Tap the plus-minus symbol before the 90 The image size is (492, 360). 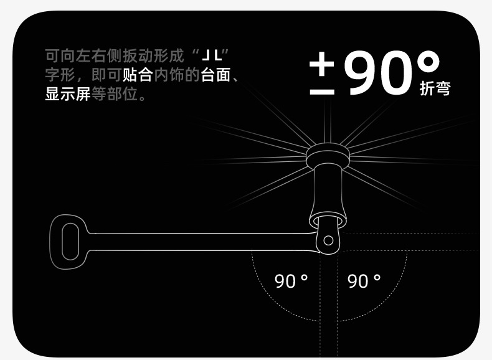(x=321, y=73)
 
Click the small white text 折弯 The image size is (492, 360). (x=435, y=88)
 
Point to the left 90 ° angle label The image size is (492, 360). (x=291, y=282)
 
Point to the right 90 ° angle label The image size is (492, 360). (x=364, y=282)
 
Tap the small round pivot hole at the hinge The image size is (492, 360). (x=328, y=240)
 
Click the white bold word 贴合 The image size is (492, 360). (x=138, y=75)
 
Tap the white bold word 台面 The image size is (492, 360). (x=215, y=75)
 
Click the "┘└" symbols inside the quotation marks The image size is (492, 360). (x=211, y=55)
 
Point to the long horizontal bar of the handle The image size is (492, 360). (x=199, y=242)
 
